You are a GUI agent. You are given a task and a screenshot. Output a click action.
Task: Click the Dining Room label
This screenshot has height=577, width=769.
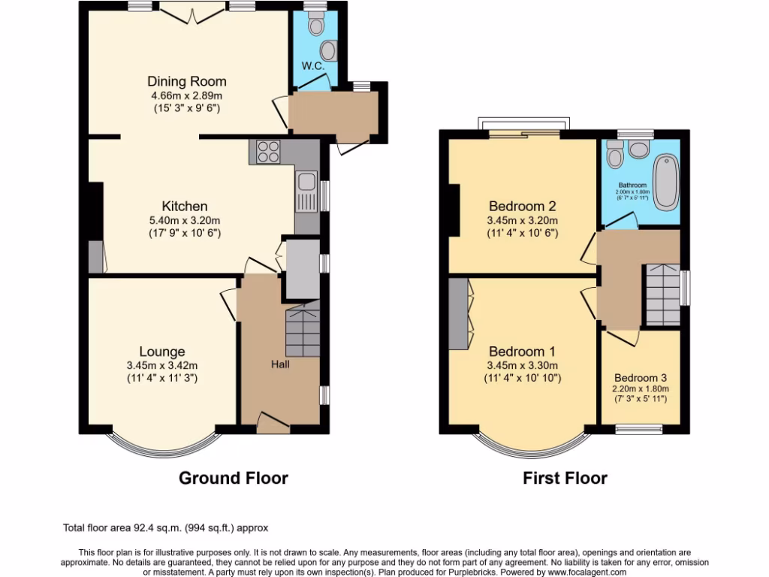pyautogui.click(x=186, y=81)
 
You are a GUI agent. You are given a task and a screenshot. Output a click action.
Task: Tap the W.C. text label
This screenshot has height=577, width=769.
pyautogui.click(x=312, y=65)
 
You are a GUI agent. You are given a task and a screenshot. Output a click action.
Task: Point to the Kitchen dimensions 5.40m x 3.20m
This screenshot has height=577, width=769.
pyautogui.click(x=185, y=220)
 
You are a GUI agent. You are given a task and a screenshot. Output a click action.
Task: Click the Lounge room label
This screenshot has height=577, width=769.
pyautogui.click(x=161, y=351)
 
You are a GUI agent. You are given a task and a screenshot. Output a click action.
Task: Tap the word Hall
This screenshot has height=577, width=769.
pyautogui.click(x=281, y=364)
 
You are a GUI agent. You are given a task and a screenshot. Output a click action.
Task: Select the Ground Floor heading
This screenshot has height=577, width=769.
pyautogui.click(x=233, y=478)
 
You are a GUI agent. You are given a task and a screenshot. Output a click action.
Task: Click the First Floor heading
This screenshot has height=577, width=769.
pyautogui.click(x=565, y=478)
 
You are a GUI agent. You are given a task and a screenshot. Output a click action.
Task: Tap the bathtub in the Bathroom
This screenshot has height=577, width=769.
pyautogui.click(x=665, y=183)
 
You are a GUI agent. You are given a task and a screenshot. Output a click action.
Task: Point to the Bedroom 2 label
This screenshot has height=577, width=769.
pyautogui.click(x=523, y=206)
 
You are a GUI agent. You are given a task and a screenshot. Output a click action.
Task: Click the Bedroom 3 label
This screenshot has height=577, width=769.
pyautogui.click(x=641, y=378)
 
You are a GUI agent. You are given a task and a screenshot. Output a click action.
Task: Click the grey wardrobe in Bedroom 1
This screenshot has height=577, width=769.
pyautogui.click(x=457, y=313)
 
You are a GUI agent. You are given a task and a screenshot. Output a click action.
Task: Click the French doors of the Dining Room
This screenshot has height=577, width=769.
pyautogui.click(x=192, y=11)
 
